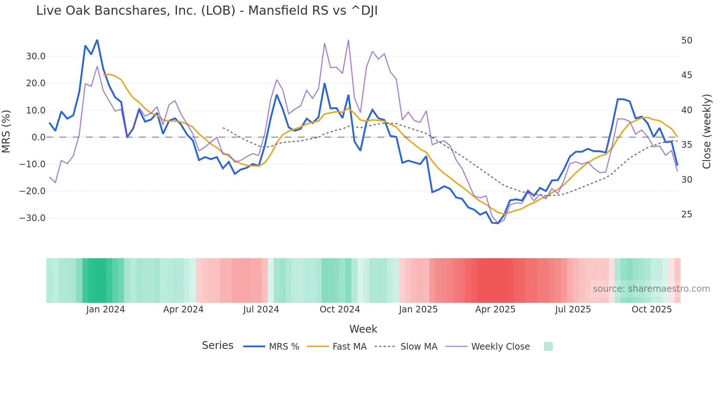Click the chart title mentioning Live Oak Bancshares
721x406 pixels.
[x=207, y=11]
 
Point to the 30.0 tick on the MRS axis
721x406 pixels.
[x=36, y=56]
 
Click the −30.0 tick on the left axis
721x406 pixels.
[x=32, y=218]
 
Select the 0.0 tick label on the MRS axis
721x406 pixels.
[x=39, y=137]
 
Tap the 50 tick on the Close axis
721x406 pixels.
[x=686, y=41]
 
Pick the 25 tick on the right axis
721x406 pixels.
[x=686, y=214]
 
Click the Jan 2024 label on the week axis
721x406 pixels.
[x=106, y=309]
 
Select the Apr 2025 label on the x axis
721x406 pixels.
[x=495, y=309]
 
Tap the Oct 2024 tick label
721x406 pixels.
[x=340, y=309]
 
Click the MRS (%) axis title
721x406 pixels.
[x=6, y=131]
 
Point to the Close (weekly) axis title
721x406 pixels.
[x=707, y=132]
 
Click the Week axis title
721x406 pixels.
[x=363, y=329]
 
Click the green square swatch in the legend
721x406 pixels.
[x=548, y=346]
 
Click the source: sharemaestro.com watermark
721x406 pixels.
[x=651, y=289]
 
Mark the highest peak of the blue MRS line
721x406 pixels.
[x=97, y=40]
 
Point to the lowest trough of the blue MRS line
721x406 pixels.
[x=498, y=223]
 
